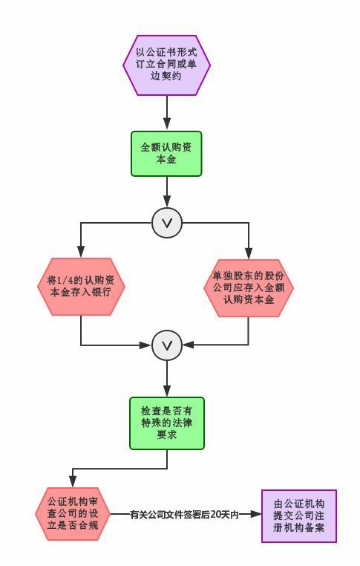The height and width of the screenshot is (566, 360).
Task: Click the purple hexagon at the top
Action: [x=167, y=65]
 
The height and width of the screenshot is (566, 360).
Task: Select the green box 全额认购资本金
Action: [x=166, y=154]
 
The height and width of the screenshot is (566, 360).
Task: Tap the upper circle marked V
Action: [x=167, y=223]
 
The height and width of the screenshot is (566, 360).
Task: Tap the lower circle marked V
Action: [x=167, y=345]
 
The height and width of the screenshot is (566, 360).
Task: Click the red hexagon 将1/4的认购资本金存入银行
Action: [x=81, y=287]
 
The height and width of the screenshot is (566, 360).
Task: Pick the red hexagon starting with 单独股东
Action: [x=249, y=287]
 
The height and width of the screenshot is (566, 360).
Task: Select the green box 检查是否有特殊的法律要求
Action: [x=167, y=423]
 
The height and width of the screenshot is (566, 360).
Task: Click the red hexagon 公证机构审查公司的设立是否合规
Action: [x=73, y=514]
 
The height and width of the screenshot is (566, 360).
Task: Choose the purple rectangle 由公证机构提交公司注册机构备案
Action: [x=299, y=515]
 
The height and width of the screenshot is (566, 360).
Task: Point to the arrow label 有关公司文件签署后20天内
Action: [x=184, y=515]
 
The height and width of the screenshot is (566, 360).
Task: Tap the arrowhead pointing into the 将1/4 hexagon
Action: [x=81, y=252]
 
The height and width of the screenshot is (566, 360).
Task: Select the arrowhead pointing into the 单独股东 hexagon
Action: [x=249, y=253]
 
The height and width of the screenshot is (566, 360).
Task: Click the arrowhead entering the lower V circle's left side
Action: [x=145, y=345]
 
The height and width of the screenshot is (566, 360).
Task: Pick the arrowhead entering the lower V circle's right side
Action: [x=189, y=345]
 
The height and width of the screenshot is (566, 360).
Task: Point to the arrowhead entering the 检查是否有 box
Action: [x=167, y=391]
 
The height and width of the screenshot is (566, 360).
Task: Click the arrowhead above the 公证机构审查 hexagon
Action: [x=73, y=481]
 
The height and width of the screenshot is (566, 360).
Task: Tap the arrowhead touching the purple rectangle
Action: [x=255, y=515]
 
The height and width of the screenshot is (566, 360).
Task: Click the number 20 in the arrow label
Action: [x=215, y=515]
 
